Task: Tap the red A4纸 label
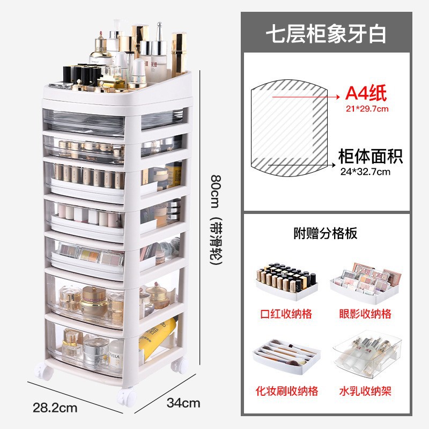coord(366,94)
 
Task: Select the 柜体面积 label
coord(370,157)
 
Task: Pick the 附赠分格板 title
coord(326,233)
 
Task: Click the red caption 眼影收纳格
coord(365,313)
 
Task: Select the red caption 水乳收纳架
coord(365,391)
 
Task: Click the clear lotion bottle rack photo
coord(365,356)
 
